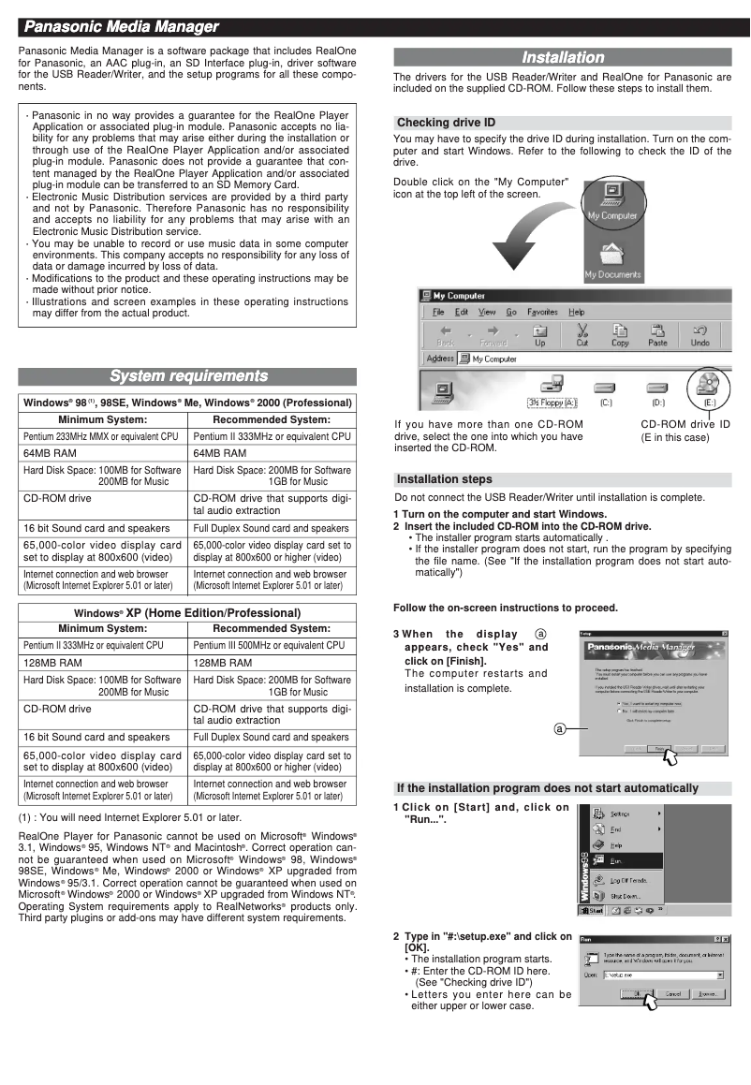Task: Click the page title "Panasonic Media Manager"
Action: pos(121,26)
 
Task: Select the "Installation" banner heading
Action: pos(562,57)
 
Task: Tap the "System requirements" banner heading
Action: pos(188,376)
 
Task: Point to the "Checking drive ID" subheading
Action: pos(446,123)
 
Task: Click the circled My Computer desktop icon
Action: pos(612,199)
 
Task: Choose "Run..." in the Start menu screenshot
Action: pos(618,859)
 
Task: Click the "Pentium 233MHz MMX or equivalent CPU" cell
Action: pos(102,436)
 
